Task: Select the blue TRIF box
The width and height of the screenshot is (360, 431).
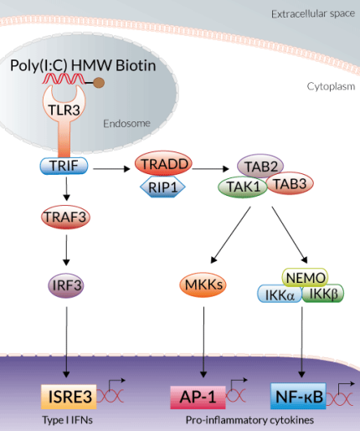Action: click(x=64, y=166)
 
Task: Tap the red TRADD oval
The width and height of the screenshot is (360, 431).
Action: click(x=164, y=163)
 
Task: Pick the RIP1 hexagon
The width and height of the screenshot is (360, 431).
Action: click(x=165, y=186)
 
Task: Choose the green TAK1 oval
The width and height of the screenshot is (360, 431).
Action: click(x=243, y=186)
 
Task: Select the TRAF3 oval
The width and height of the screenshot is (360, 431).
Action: click(x=64, y=218)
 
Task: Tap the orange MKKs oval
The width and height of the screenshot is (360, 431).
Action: click(x=203, y=285)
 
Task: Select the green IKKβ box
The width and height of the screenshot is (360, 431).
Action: click(x=322, y=294)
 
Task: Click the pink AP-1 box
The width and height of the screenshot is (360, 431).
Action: click(x=197, y=394)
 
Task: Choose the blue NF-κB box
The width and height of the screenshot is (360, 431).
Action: click(x=300, y=394)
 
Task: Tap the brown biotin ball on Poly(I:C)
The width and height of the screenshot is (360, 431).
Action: click(x=123, y=82)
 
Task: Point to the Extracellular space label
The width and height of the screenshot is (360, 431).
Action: click(x=314, y=15)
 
